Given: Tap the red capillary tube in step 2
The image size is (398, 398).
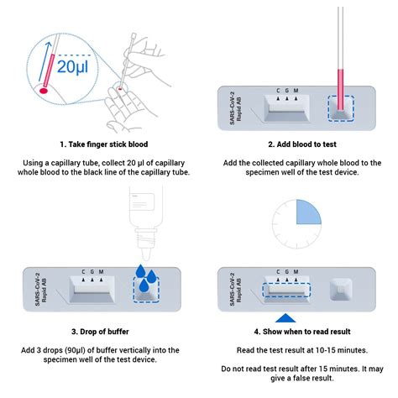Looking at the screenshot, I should (340, 84).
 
